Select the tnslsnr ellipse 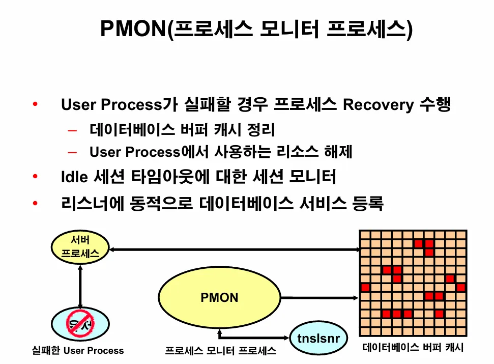tap(319, 338)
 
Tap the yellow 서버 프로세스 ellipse tap(80, 247)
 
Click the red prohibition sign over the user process tap(79, 323)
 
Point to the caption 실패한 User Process tap(78, 351)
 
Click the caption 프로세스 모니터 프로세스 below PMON tap(221, 351)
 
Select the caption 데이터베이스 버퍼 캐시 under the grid tap(413, 348)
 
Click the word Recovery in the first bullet tap(378, 105)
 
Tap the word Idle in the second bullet tap(75, 178)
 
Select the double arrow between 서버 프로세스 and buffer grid tap(234, 249)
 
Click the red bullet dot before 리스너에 tap(35, 204)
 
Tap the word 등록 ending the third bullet tap(367, 204)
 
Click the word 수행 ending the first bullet tap(435, 105)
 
